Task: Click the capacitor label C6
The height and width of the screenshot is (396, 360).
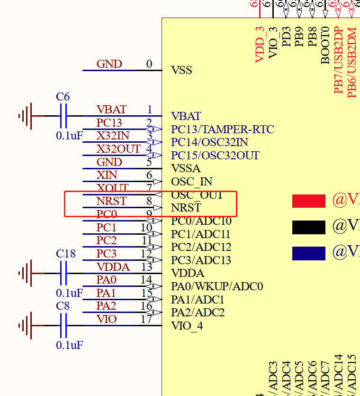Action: [63, 97]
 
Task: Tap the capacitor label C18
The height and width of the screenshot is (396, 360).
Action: [65, 254]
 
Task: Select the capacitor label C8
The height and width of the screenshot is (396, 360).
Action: [63, 306]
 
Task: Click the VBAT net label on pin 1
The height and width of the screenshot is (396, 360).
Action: [111, 110]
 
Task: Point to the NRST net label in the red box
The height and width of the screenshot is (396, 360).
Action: [111, 201]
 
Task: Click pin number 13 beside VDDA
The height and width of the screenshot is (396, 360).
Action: [146, 267]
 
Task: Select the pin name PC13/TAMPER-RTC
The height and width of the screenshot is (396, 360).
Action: [222, 129]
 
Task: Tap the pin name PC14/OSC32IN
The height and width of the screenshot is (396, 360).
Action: [209, 142]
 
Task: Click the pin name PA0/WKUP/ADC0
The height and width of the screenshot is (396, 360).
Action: [217, 286]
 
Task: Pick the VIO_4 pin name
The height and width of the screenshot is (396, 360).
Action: [187, 326]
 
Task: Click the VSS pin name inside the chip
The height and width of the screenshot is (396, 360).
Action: [181, 71]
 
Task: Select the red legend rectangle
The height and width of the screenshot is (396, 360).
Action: [308, 201]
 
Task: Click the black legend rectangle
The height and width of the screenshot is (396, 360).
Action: [308, 228]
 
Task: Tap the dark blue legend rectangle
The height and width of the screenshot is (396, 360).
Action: [308, 253]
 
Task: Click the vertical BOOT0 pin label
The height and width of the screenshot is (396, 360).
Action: [325, 45]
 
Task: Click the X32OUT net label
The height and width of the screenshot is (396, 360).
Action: [118, 149]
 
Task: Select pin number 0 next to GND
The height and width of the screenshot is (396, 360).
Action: [149, 64]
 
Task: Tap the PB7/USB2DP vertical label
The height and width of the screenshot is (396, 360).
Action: [338, 60]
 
